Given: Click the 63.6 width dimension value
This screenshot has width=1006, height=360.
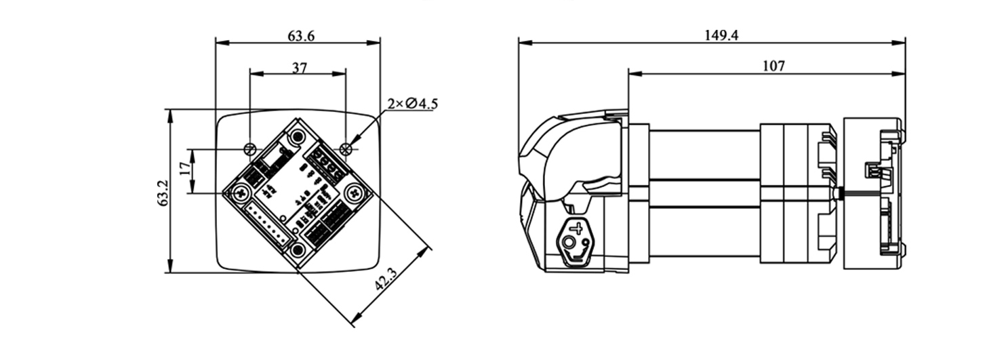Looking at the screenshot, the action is tap(301, 35).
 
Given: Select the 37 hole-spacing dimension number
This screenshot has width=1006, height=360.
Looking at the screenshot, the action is tap(300, 68).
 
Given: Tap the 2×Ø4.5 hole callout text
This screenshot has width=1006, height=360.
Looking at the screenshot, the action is tap(413, 104).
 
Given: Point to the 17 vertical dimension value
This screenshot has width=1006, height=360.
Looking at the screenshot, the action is tap(185, 168).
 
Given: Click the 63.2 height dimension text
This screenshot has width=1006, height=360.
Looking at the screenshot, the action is tap(163, 193).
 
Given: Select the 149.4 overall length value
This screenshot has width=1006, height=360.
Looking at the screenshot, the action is tap(721, 35).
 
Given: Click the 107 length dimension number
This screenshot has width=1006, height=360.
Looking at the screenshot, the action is tap(773, 66).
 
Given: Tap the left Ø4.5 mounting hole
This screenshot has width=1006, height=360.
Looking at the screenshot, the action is tap(250, 148).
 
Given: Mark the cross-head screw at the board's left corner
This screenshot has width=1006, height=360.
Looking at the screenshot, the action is tap(241, 193).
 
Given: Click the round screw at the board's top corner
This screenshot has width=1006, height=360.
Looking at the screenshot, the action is tap(297, 137).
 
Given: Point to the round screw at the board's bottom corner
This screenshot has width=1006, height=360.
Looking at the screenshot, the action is tap(297, 250).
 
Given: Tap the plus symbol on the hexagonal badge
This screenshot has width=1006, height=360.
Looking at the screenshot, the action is tap(578, 228).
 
